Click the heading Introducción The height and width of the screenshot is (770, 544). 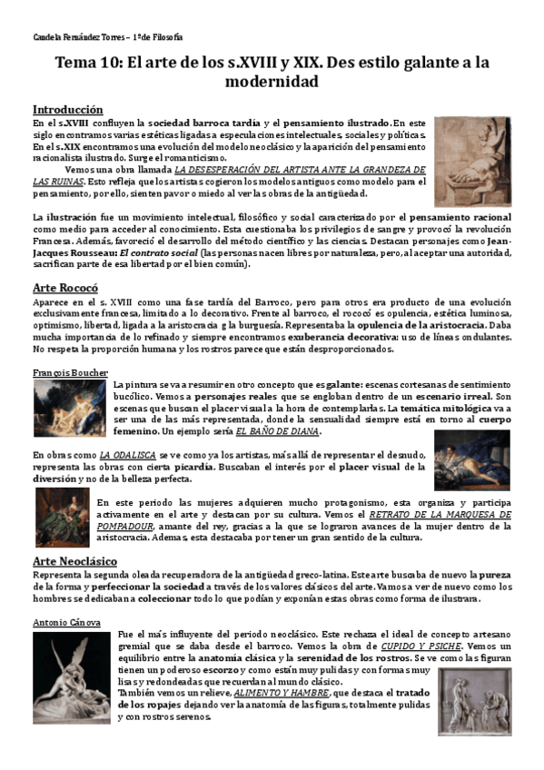point(67,108)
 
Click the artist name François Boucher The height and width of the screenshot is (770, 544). point(70,372)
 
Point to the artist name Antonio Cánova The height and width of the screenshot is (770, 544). point(66,622)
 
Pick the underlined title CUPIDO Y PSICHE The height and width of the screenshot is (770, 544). point(422,645)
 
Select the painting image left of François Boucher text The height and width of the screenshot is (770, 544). point(69,407)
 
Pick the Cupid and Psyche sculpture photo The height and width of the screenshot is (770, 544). point(71,677)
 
